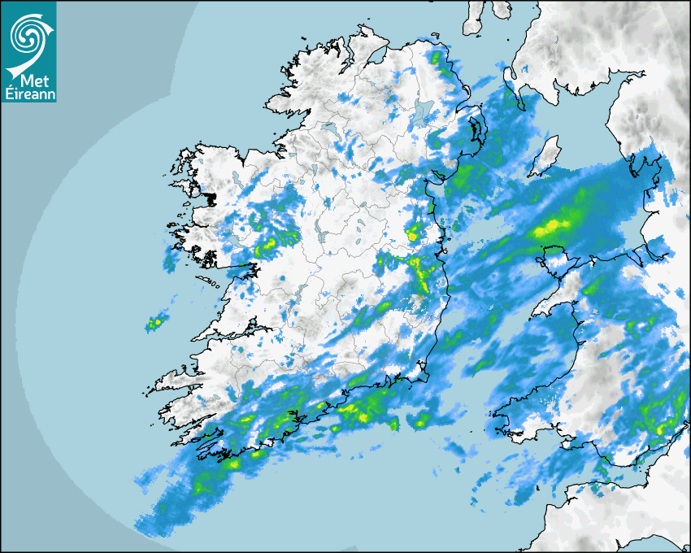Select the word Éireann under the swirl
pyautogui.click(x=28, y=94)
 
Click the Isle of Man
pyautogui.click(x=545, y=155)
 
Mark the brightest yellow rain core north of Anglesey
pyautogui.click(x=553, y=226)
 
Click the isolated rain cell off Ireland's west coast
pyautogui.click(x=154, y=324)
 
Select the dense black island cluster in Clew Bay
pyautogui.click(x=211, y=198)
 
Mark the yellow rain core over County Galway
pyautogui.click(x=267, y=246)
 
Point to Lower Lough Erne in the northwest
pyautogui.click(x=330, y=130)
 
